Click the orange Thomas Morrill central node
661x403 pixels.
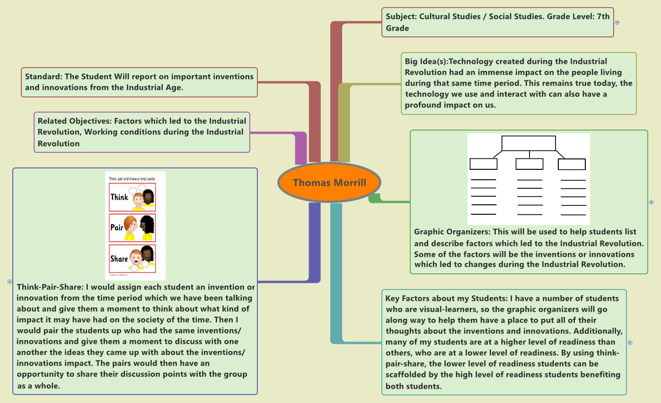(x=329, y=183)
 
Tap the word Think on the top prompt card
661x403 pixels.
(x=119, y=196)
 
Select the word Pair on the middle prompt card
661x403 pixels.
(x=116, y=227)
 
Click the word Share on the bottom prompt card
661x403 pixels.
(x=119, y=258)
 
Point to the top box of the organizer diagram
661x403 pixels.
(x=529, y=143)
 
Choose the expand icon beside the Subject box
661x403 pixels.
(x=617, y=22)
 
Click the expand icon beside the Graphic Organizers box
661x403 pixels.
(x=652, y=202)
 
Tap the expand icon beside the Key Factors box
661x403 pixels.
(x=630, y=342)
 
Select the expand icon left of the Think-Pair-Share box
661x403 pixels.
(x=9, y=281)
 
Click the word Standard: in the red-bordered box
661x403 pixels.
(x=43, y=77)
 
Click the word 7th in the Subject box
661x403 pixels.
(x=603, y=17)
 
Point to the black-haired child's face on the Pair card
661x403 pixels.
(x=146, y=227)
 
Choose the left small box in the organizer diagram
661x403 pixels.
(x=483, y=164)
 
